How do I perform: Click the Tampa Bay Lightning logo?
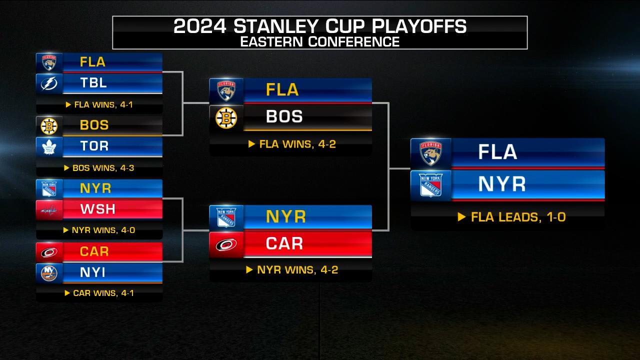pos(49,83)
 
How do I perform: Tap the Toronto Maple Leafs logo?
pos(49,146)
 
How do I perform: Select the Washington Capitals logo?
pos(49,209)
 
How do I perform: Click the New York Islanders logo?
pos(49,272)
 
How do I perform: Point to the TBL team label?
pos(93,83)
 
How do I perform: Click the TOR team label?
pos(94,146)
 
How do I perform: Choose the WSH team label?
pos(97,209)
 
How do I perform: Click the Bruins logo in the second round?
pos(226,118)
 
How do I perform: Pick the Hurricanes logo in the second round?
pos(226,244)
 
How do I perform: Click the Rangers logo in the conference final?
pos(430,185)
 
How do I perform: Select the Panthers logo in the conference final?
pos(430,152)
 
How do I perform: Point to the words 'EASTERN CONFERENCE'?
pos(320,41)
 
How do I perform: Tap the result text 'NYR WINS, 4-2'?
pos(297,270)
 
